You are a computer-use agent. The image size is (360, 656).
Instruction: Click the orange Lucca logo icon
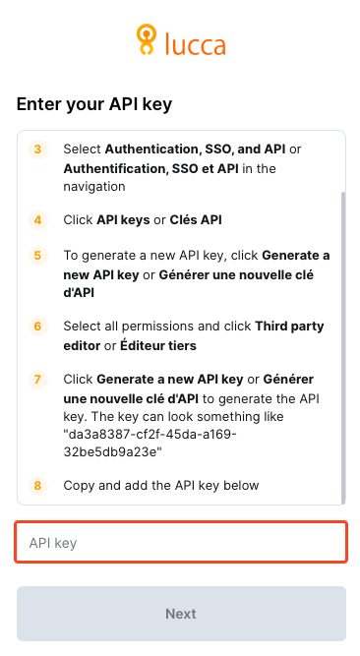[147, 39]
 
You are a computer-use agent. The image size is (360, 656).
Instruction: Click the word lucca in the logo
[196, 43]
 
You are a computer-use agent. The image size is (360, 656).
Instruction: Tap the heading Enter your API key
[94, 103]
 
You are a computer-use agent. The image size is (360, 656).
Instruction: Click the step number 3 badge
[38, 149]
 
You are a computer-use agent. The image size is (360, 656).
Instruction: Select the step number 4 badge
[38, 220]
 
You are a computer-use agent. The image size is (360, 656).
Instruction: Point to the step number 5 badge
[38, 256]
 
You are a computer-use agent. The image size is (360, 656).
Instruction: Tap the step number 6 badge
[38, 327]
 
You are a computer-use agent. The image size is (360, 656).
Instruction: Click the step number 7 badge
[38, 380]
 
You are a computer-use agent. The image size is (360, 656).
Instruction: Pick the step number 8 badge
[38, 486]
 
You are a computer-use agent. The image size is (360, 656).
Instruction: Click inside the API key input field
[181, 542]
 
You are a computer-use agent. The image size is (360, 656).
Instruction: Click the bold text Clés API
[196, 220]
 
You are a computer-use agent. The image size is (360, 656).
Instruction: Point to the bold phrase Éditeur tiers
[158, 346]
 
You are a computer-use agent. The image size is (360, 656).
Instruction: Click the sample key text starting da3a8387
[150, 443]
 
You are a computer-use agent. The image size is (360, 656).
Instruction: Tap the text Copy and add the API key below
[161, 486]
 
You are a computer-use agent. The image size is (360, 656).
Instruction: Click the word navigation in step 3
[94, 187]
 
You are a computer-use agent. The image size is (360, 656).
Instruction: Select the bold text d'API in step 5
[79, 293]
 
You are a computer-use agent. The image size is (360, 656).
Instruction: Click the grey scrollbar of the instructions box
[343, 348]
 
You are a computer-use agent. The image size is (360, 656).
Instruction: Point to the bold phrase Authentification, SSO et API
[151, 169]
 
